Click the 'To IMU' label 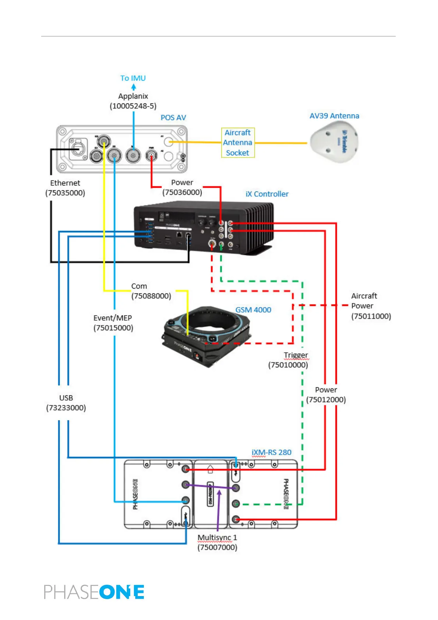[133, 78]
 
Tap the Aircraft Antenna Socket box [238, 142]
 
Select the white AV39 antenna [334, 142]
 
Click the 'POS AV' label [173, 117]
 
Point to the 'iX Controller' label [267, 194]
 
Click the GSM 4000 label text [253, 310]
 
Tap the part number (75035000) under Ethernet [65, 193]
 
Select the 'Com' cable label [139, 286]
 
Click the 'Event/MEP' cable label [113, 318]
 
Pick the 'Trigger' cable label [296, 355]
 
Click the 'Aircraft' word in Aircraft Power [364, 296]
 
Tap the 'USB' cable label [66, 398]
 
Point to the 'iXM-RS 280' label [271, 452]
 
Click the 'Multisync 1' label [217, 538]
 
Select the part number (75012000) [326, 400]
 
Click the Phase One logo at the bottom [94, 592]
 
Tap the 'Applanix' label [133, 96]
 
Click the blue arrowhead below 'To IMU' [133, 87]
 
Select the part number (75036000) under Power [182, 192]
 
